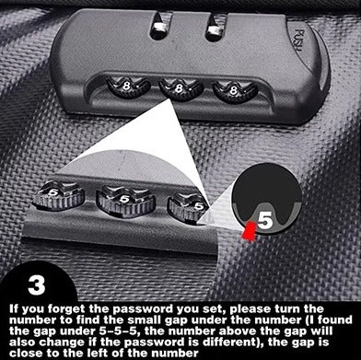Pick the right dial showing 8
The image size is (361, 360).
(225, 90)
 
